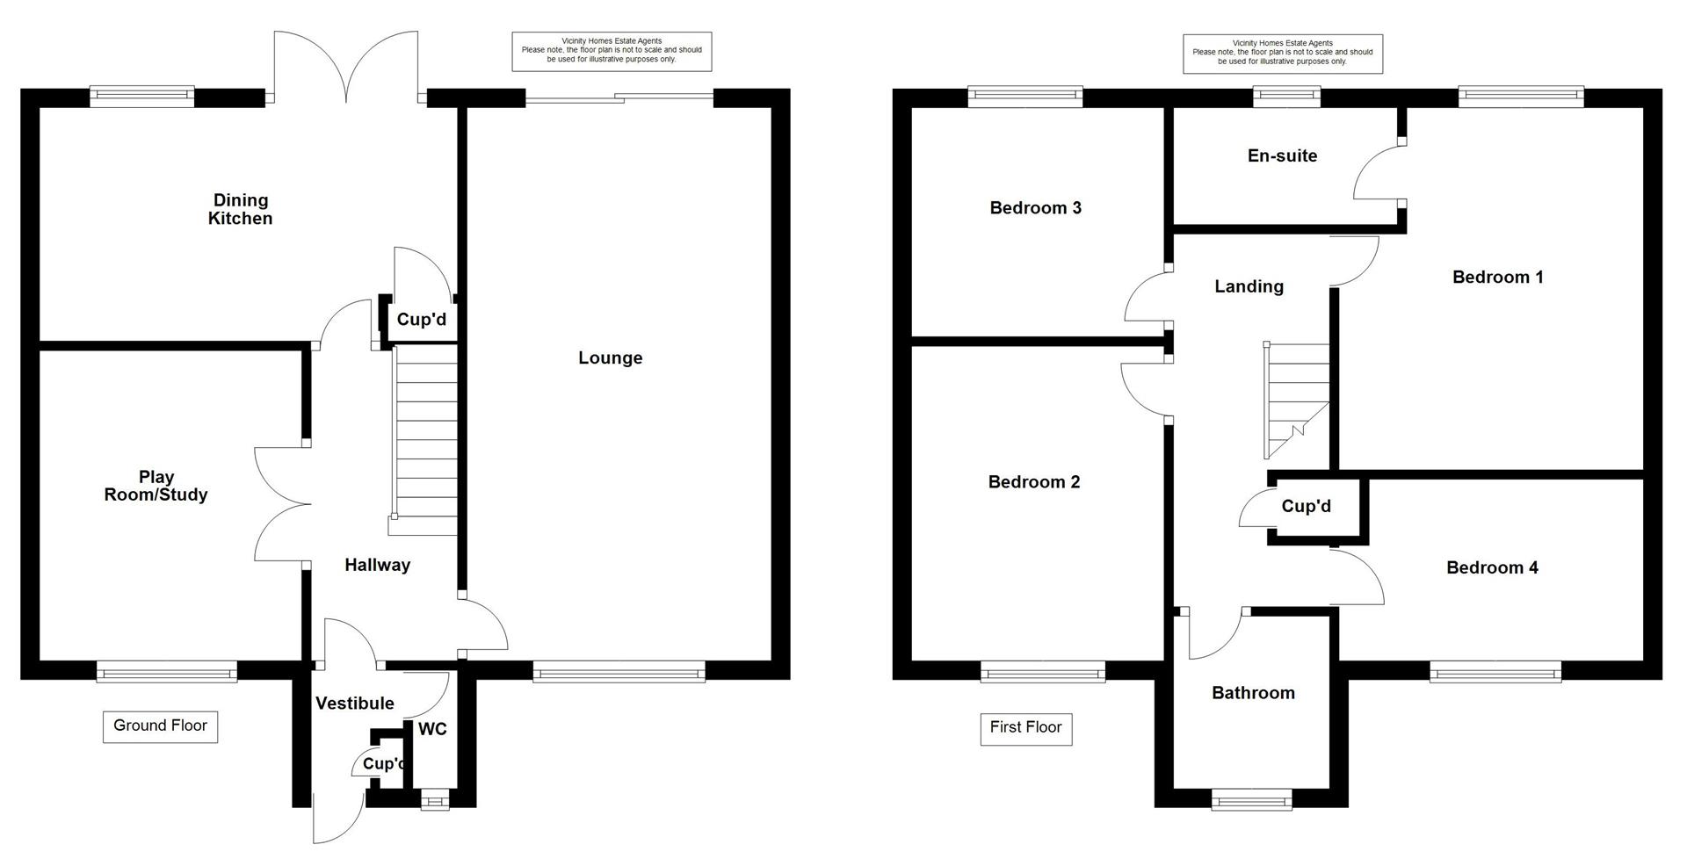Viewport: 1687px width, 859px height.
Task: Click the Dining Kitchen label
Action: pos(240,210)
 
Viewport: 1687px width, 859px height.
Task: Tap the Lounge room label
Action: pos(610,358)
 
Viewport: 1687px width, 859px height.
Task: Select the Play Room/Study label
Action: pos(156,486)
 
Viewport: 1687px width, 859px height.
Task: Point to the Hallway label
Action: pos(377,566)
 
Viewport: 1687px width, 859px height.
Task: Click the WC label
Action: pos(432,729)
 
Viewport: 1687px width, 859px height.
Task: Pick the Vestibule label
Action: pos(354,704)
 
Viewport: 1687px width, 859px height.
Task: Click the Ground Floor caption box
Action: pos(160,725)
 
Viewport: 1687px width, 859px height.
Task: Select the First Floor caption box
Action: pos(1025,727)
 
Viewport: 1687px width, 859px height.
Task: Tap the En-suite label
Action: pos(1282,156)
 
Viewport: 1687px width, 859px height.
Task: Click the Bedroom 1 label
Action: pos(1497,278)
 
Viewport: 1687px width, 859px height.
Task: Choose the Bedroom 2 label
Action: pos(1033,482)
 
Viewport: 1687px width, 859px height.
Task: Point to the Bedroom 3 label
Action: pos(1035,208)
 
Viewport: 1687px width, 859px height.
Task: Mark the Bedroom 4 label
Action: pos(1492,568)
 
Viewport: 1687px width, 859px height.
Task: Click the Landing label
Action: pos(1249,286)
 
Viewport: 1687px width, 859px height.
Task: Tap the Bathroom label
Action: pos(1253,693)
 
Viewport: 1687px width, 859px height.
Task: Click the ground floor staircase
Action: pos(426,439)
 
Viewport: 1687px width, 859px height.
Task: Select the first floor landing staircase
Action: pos(1297,400)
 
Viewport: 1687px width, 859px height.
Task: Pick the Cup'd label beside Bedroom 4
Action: pos(1306,507)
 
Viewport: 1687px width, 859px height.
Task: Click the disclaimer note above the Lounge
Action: pos(612,51)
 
